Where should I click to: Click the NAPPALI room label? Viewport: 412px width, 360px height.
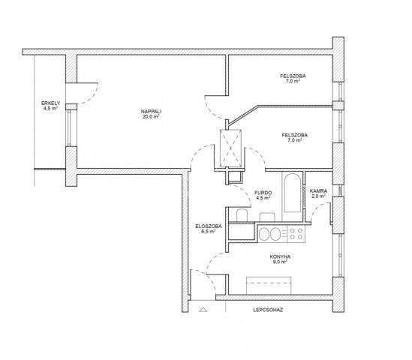[x=151, y=112]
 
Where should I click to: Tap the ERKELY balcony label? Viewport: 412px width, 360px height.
[x=51, y=103]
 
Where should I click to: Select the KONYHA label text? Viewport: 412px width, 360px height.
[x=280, y=256]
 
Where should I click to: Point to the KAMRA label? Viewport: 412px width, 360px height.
[x=318, y=191]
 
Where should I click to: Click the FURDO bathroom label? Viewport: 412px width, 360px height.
[x=263, y=193]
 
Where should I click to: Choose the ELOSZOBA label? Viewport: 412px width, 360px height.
[x=209, y=226]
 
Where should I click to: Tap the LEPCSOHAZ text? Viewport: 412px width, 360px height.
[x=268, y=310]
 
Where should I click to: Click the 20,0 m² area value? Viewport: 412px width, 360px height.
[x=151, y=116]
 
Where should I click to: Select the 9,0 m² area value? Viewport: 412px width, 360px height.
[x=280, y=262]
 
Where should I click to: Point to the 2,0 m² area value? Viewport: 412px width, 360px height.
[x=318, y=196]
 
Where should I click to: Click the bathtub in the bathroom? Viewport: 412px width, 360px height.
[x=292, y=193]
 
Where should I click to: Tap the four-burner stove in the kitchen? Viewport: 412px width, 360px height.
[x=296, y=234]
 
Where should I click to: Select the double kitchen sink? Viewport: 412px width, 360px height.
[x=270, y=234]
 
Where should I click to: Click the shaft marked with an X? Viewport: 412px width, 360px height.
[x=230, y=148]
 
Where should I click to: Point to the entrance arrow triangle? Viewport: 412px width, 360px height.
[x=203, y=310]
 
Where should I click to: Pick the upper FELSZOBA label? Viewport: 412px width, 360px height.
[x=293, y=76]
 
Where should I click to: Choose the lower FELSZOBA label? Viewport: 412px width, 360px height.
[x=294, y=135]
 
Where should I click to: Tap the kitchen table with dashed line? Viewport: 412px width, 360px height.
[x=269, y=286]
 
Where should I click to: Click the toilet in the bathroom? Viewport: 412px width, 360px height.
[x=242, y=215]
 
